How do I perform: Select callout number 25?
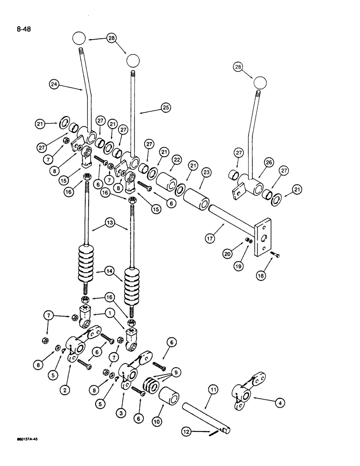click(166, 108)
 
